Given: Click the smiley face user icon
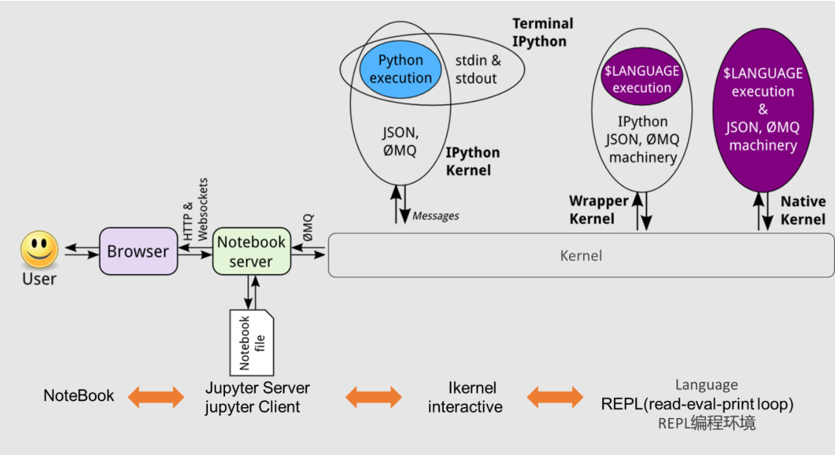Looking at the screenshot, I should [x=39, y=250].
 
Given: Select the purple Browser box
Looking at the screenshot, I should [x=138, y=251].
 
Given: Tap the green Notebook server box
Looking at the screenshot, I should [x=251, y=251].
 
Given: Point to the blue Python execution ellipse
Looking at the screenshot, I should [x=400, y=69].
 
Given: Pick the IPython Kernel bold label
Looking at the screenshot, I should [x=472, y=161].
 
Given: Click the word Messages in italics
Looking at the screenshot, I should [x=435, y=216].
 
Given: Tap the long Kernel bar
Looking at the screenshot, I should [x=581, y=256].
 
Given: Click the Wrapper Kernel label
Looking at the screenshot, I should [x=598, y=209].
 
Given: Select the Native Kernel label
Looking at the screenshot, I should [x=803, y=210].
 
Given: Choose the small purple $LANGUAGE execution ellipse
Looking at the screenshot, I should [x=642, y=79].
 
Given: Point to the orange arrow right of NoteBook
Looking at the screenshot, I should [x=156, y=397].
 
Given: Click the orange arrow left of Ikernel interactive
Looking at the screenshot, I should [x=373, y=397].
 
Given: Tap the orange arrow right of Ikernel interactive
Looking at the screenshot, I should [x=556, y=397].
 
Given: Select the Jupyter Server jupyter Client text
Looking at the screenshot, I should [x=257, y=397].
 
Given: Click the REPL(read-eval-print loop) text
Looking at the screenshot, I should [x=697, y=404].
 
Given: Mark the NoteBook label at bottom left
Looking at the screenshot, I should [x=78, y=396].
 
